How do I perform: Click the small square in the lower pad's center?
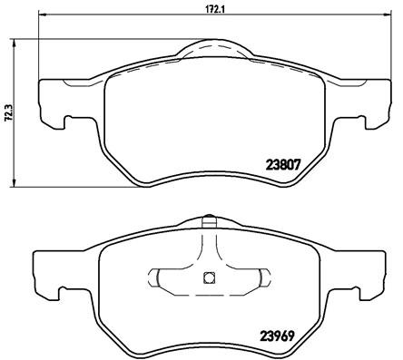coord(208,278)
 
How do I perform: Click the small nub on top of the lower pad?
coord(208,219)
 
